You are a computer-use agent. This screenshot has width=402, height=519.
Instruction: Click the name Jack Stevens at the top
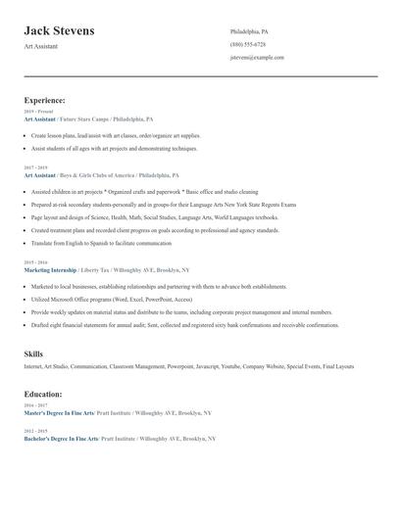point(60,31)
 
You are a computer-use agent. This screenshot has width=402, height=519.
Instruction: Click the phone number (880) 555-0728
point(247,44)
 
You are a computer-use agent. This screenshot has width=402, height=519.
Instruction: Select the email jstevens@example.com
point(257,57)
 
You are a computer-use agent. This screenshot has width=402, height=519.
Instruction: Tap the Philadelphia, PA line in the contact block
point(249,31)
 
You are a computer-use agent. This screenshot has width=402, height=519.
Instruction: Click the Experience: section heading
point(45,100)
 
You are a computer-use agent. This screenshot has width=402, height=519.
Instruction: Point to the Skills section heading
point(33,352)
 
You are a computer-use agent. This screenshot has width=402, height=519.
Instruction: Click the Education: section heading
point(43,394)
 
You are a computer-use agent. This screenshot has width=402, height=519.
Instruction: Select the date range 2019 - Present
point(34,112)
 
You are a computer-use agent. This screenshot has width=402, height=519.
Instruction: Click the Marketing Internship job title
point(50,269)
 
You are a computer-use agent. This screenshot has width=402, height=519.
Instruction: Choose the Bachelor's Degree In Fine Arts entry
point(61,439)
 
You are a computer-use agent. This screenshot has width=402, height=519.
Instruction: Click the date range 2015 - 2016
point(33,262)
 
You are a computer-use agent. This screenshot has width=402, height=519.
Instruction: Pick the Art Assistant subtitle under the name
point(41,46)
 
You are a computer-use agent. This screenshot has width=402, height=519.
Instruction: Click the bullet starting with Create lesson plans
point(116,136)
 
